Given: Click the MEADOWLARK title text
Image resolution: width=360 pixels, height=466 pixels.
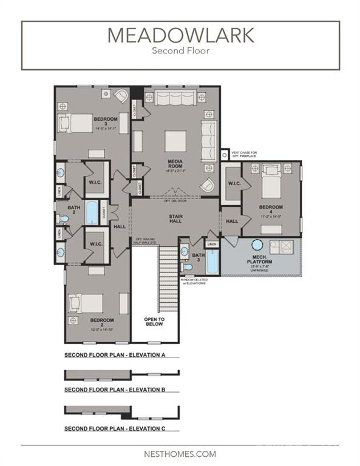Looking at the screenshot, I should (180, 35).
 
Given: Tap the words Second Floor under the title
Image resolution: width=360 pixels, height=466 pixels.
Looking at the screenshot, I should (180, 51).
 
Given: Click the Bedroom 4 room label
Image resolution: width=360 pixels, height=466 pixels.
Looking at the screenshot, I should (271, 209).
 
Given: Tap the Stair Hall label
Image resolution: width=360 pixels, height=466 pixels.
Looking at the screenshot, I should (176, 218).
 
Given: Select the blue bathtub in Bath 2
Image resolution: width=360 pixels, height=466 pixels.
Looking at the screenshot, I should (92, 213).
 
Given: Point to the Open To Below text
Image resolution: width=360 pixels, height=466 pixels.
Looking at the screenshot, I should (154, 322).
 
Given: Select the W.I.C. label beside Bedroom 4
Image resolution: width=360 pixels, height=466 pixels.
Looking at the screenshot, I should (233, 184).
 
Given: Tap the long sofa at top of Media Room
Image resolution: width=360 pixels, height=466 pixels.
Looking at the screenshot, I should (176, 98).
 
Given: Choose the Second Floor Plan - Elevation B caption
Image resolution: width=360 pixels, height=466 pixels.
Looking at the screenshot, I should (115, 389).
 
